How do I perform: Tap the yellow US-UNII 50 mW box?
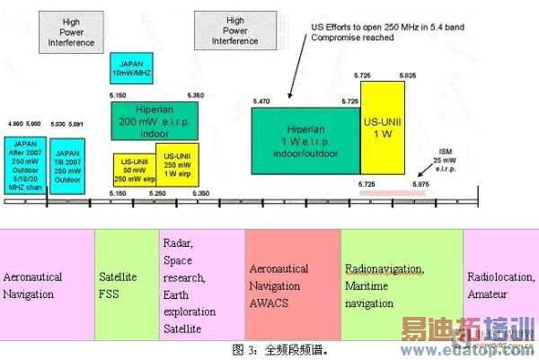[135, 169]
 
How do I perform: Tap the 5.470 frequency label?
[262, 101]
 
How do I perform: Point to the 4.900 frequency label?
[13, 123]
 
